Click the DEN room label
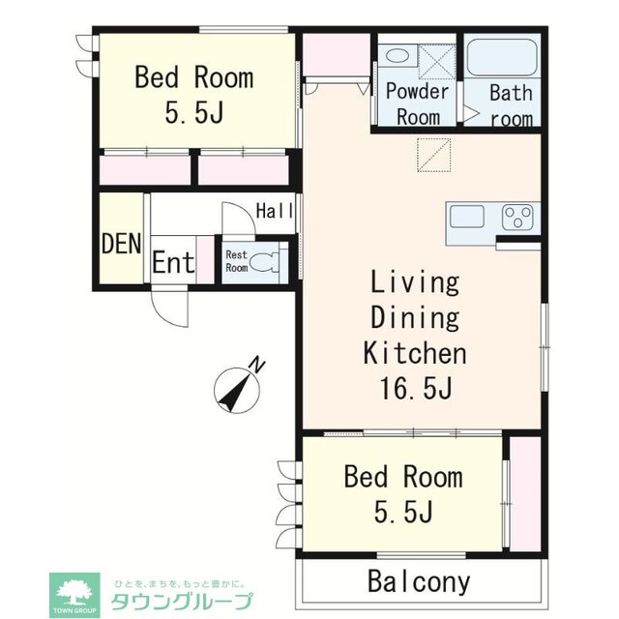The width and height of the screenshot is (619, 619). pyautogui.click(x=121, y=243)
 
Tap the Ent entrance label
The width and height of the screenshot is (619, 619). pyautogui.click(x=173, y=263)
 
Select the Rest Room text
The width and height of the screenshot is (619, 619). pyautogui.click(x=236, y=261)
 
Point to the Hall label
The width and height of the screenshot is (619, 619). pyautogui.click(x=275, y=211)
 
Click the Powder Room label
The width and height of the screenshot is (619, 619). pyautogui.click(x=417, y=104)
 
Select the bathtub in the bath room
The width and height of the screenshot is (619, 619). pyautogui.click(x=502, y=57)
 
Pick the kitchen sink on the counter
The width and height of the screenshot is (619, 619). pyautogui.click(x=467, y=216)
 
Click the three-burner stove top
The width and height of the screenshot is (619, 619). pyautogui.click(x=518, y=218)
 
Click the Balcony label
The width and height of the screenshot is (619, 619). pyautogui.click(x=419, y=582)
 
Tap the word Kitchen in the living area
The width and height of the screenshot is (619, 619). pyautogui.click(x=415, y=353)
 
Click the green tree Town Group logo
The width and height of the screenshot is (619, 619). pyautogui.click(x=75, y=593)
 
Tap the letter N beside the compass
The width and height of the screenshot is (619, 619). pyautogui.click(x=257, y=365)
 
